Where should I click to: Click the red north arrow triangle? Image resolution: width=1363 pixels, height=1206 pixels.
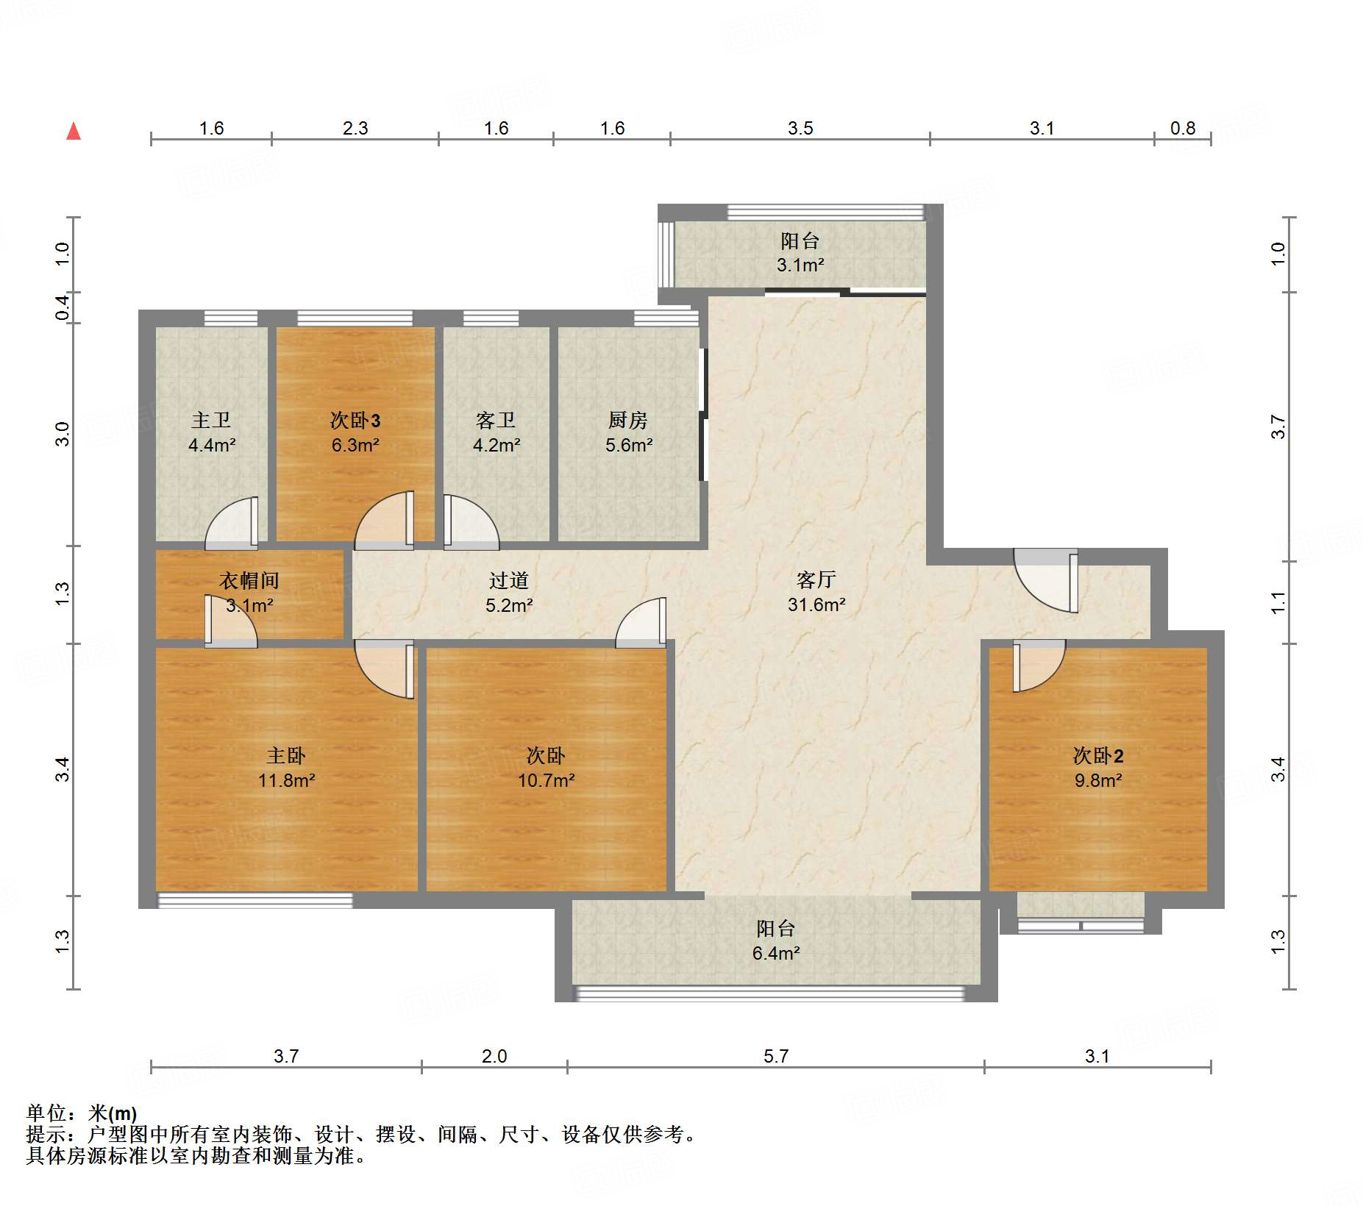(x=74, y=131)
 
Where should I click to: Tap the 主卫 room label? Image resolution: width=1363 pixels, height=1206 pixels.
(x=211, y=420)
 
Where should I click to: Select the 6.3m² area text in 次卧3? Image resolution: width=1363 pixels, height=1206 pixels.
(x=355, y=445)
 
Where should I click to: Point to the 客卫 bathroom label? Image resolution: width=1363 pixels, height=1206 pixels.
(x=496, y=420)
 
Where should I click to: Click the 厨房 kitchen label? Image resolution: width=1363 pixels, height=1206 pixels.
(x=628, y=420)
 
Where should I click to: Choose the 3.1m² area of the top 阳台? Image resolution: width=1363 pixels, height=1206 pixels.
(x=800, y=265)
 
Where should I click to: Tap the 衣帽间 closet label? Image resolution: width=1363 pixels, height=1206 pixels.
(x=249, y=580)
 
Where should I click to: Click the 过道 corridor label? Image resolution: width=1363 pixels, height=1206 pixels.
(x=509, y=580)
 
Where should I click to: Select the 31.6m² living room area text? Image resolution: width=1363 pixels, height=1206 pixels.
(x=816, y=604)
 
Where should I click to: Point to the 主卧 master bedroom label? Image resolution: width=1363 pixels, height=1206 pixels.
(x=286, y=755)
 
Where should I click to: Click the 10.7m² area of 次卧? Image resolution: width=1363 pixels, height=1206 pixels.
(x=546, y=780)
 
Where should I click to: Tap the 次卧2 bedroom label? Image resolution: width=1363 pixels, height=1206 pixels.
(x=1098, y=755)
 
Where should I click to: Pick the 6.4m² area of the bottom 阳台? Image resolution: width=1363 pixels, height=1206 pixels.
(x=776, y=953)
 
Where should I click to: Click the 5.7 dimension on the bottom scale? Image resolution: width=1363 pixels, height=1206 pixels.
(x=776, y=1057)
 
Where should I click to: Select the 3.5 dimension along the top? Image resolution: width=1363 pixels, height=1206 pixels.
(x=800, y=129)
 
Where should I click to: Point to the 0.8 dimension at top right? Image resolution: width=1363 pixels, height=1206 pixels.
(x=1183, y=129)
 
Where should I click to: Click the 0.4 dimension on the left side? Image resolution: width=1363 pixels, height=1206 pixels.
(x=63, y=307)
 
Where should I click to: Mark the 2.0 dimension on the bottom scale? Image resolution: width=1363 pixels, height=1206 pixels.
(x=494, y=1057)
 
